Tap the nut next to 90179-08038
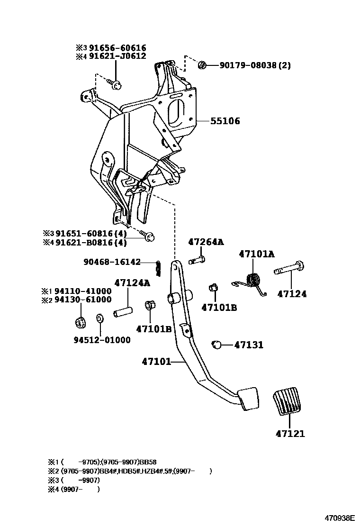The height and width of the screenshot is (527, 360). point(202,64)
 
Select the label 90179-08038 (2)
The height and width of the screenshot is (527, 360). point(255,65)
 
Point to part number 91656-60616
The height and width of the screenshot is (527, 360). point(117,48)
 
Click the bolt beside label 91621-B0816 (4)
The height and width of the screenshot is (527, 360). point(148,236)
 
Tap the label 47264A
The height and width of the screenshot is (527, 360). point(206,242)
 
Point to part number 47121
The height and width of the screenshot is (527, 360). point(290,434)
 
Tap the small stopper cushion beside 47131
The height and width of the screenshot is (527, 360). point(217,345)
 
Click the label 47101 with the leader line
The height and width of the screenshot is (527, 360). point(156,362)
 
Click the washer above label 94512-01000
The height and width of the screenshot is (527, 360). point(100,318)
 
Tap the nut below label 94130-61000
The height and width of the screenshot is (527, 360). point(80,323)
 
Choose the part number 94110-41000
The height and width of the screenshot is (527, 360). point(82,291)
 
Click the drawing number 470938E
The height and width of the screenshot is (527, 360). point(339,518)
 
